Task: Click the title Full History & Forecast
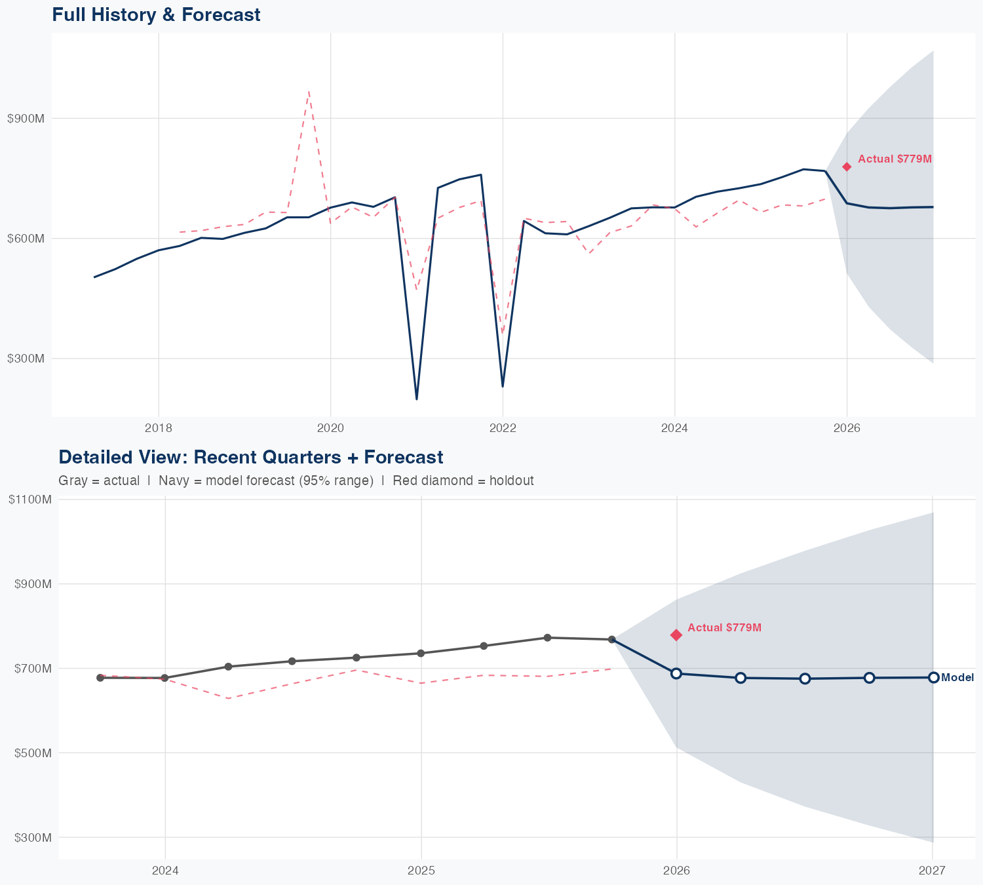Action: click(x=156, y=14)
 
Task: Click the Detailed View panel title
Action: click(x=250, y=457)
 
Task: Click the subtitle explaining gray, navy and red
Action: click(x=296, y=481)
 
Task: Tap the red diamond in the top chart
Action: click(x=847, y=167)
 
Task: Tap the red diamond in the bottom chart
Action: click(x=676, y=635)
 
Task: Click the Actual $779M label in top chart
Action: click(x=895, y=159)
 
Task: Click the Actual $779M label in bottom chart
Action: click(x=724, y=627)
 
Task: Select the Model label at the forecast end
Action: click(x=957, y=678)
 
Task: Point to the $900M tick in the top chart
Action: click(x=26, y=119)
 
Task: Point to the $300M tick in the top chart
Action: click(x=26, y=359)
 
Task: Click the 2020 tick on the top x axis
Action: click(x=330, y=428)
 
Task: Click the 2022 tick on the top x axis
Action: click(x=503, y=428)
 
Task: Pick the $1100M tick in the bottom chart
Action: click(x=29, y=500)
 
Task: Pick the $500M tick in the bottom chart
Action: click(x=32, y=753)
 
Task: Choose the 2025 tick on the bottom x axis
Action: click(x=421, y=871)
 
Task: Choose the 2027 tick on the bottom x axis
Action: click(x=932, y=871)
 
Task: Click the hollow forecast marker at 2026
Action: click(x=676, y=673)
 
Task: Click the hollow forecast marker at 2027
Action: click(x=933, y=677)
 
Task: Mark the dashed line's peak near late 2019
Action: click(x=309, y=92)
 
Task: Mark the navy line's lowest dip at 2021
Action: click(x=417, y=399)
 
